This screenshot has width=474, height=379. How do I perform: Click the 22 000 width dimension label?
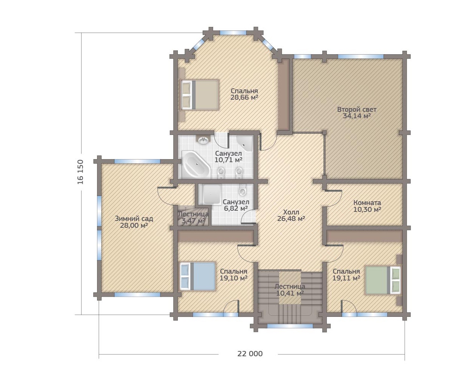coord(250,354)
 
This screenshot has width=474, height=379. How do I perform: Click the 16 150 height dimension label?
coord(81,172)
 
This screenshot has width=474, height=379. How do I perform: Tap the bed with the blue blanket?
coord(198,276)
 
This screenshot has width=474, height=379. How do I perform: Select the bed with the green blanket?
coord(382,280)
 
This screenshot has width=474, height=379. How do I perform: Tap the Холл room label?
coord(291,212)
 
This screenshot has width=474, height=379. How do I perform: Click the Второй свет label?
coord(357,110)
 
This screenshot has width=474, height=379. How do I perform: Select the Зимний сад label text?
coord(134,219)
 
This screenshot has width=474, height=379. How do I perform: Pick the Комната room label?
coord(367,203)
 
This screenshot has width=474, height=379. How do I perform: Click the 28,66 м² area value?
coord(244,97)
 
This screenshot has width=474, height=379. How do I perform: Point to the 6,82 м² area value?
coord(236,208)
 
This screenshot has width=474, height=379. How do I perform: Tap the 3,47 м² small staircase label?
coord(193,221)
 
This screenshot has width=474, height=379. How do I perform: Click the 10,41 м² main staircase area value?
coord(290,293)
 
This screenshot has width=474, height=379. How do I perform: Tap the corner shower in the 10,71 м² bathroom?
coord(245,143)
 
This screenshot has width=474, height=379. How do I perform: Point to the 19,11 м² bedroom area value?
coord(346,278)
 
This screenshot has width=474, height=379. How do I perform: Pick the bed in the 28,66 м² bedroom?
coord(199,95)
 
